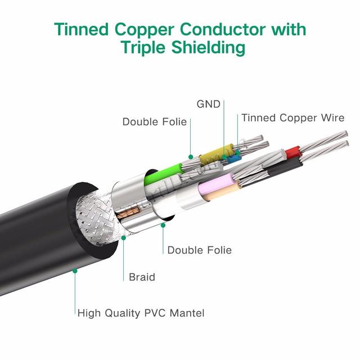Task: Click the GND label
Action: [x=208, y=104]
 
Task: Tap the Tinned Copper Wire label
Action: [x=293, y=118]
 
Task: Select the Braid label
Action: [x=142, y=277]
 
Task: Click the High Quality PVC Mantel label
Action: [x=141, y=313]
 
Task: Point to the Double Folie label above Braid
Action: [x=200, y=250]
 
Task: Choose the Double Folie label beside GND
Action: [x=155, y=121]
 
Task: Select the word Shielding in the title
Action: [x=208, y=48]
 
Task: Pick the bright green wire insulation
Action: [x=163, y=174]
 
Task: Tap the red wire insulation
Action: [x=292, y=151]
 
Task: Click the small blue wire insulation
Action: [x=233, y=158]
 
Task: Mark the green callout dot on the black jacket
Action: [x=75, y=271]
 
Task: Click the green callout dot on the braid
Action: [x=124, y=238]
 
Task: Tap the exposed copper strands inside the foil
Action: [x=128, y=212]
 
